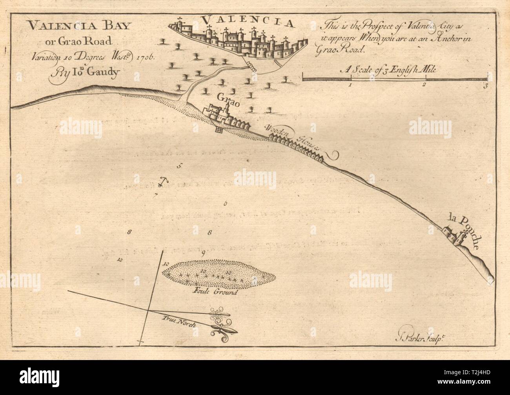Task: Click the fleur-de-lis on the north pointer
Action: click(x=223, y=330)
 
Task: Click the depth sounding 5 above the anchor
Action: click(x=179, y=166)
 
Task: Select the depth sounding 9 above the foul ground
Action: click(x=202, y=254)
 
